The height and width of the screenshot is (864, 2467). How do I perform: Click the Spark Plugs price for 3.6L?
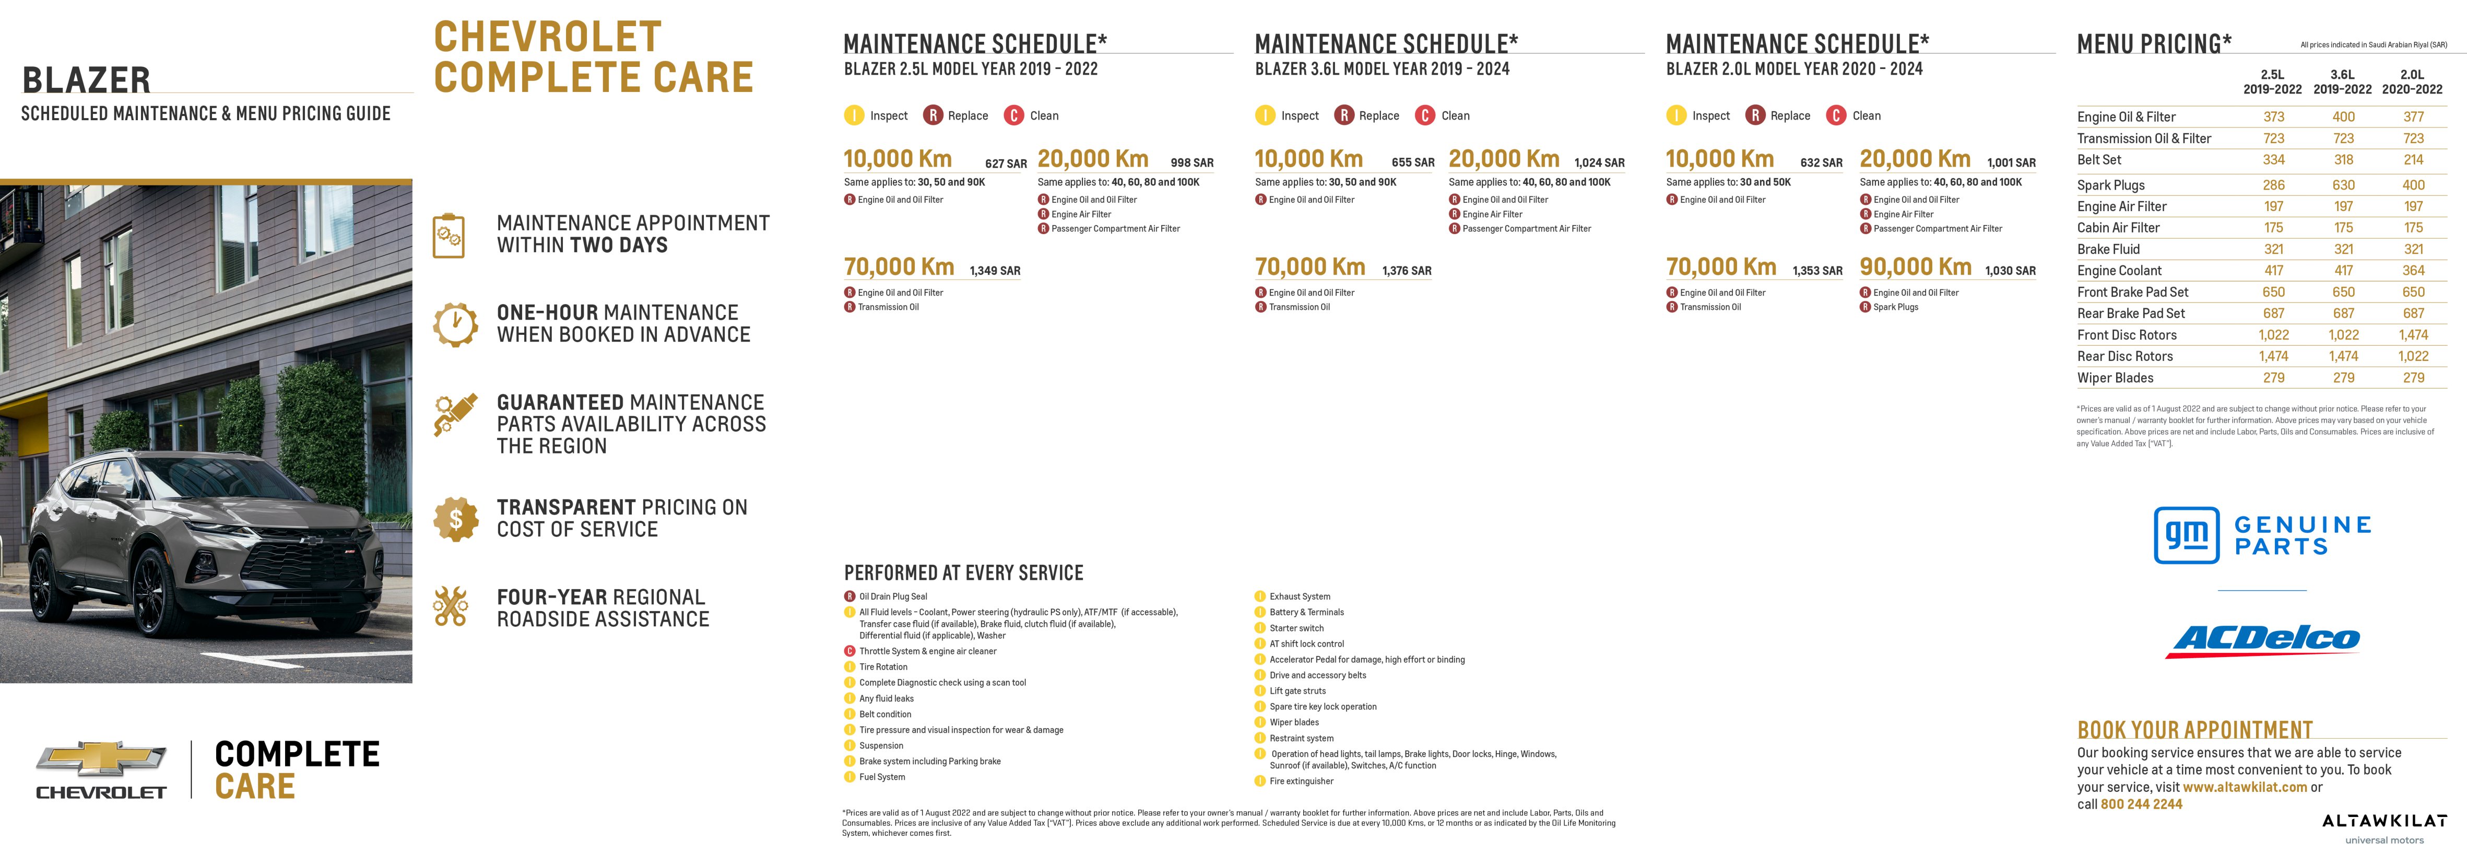click(x=2343, y=185)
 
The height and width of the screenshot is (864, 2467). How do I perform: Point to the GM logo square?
click(x=2187, y=534)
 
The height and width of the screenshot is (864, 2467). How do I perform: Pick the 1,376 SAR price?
click(x=1406, y=271)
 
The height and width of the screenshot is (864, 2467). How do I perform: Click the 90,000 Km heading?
click(x=1915, y=267)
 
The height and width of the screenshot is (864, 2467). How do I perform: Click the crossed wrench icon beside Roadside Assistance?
click(x=450, y=606)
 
